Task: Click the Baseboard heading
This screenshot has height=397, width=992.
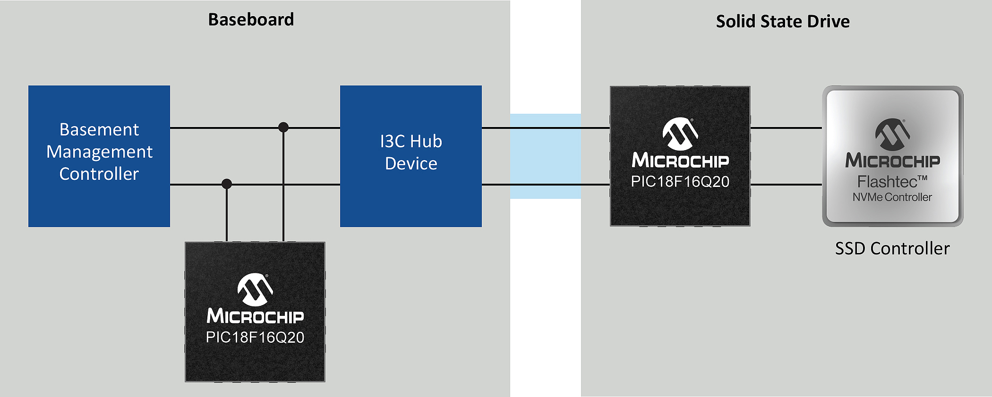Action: (251, 20)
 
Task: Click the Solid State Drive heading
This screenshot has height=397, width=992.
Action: (783, 22)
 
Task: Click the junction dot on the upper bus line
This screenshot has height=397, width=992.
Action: (283, 127)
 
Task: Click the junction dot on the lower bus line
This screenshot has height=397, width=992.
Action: (227, 184)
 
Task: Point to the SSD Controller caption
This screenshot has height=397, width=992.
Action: (892, 249)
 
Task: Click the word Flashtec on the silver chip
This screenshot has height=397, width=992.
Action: (887, 182)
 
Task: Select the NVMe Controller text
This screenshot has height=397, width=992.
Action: (892, 197)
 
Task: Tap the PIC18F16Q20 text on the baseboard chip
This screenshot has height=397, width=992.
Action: (255, 338)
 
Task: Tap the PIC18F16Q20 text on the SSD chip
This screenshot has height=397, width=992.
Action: (680, 182)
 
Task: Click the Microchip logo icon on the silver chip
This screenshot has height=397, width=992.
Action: (892, 134)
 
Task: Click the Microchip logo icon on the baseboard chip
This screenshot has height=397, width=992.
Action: (255, 289)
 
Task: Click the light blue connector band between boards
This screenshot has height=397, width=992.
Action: (546, 156)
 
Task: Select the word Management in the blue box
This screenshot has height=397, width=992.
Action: (99, 152)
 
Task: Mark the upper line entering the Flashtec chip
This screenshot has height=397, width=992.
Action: (787, 128)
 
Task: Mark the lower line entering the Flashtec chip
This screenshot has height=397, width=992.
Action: (787, 185)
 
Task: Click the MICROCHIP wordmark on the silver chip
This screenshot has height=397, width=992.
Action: (892, 161)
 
